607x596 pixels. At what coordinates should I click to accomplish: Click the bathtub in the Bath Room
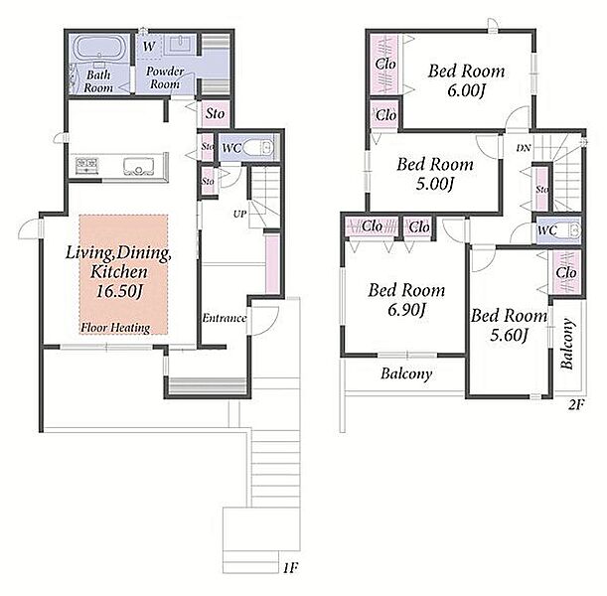(100, 48)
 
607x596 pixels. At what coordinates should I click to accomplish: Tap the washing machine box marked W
(149, 47)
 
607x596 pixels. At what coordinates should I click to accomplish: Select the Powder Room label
(165, 77)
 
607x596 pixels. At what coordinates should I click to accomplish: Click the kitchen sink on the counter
(138, 167)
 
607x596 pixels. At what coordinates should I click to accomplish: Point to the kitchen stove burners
(86, 166)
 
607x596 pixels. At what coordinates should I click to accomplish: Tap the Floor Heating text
(115, 328)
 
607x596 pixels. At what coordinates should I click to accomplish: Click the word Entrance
(225, 318)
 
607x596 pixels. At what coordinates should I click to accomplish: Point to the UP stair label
(239, 214)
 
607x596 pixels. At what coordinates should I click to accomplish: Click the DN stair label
(523, 148)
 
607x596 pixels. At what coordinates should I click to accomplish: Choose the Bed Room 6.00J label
(467, 80)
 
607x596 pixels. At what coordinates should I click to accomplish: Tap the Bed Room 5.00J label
(435, 174)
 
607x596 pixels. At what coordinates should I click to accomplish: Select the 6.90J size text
(407, 309)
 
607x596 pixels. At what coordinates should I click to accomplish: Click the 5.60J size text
(509, 335)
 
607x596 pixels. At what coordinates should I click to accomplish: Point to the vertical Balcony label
(566, 344)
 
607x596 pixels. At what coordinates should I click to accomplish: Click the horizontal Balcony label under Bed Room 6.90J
(406, 373)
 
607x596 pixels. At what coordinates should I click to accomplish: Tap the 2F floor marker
(576, 405)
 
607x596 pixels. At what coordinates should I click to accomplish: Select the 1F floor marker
(290, 568)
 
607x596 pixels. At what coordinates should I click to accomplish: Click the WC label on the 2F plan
(547, 230)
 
